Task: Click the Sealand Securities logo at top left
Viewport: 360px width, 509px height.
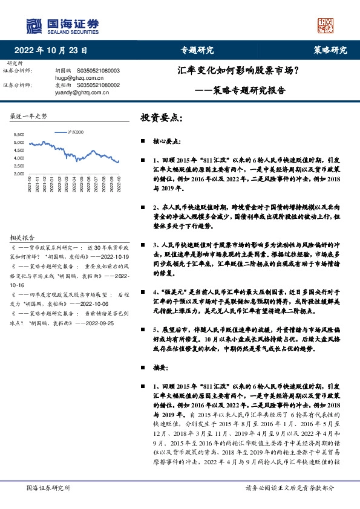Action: click(x=62, y=25)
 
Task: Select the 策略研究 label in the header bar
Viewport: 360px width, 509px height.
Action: click(x=330, y=51)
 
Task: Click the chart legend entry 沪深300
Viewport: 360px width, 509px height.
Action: click(x=76, y=132)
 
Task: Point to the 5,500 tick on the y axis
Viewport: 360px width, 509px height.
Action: click(x=19, y=134)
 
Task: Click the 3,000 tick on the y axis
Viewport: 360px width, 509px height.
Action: click(x=19, y=173)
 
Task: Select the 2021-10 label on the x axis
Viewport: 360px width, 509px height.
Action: click(x=28, y=184)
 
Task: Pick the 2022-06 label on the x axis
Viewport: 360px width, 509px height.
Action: click(x=87, y=184)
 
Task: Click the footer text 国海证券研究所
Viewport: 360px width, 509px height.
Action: click(x=48, y=487)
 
